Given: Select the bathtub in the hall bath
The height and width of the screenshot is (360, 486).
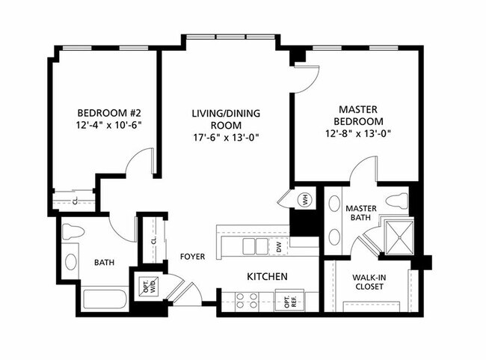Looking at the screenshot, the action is click(x=105, y=299).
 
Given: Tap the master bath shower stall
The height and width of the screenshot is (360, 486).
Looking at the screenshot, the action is click(x=399, y=237).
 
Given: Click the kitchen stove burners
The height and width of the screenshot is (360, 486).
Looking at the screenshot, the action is click(x=247, y=301).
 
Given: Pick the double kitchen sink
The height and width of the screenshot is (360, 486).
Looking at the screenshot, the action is click(x=256, y=246).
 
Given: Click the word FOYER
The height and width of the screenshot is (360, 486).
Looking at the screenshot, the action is click(x=193, y=257).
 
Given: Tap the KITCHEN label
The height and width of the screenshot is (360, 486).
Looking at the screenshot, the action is click(x=267, y=276).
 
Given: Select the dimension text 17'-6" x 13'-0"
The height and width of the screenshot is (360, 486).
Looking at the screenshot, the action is click(x=227, y=137).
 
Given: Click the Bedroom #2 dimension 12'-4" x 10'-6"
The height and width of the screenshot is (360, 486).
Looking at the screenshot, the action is click(x=109, y=125).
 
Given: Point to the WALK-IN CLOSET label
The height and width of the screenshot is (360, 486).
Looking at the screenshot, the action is click(x=369, y=282).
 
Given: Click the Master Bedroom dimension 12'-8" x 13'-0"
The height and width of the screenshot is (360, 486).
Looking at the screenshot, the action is click(x=358, y=133).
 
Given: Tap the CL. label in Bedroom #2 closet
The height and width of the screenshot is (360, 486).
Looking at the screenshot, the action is click(x=76, y=201).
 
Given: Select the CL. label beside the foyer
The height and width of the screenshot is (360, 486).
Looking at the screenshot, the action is click(x=153, y=240).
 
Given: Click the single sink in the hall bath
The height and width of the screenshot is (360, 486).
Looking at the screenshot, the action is click(x=71, y=262).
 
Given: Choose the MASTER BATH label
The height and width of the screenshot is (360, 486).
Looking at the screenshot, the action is click(x=361, y=213).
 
